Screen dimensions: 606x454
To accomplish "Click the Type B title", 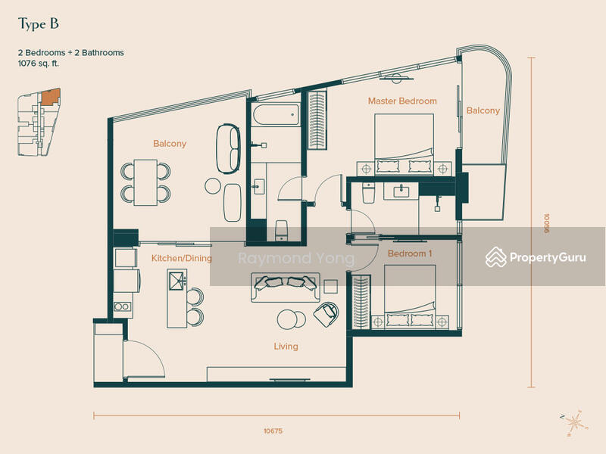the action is pyautogui.click(x=39, y=24).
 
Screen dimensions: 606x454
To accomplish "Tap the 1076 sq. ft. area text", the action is pyautogui.click(x=39, y=64).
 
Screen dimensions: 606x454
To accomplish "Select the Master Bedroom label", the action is pyautogui.click(x=402, y=101).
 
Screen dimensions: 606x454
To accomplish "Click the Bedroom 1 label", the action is pyautogui.click(x=410, y=253).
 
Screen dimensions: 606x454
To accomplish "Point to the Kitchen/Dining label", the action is pyautogui.click(x=182, y=258).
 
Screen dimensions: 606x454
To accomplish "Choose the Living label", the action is pyautogui.click(x=286, y=347).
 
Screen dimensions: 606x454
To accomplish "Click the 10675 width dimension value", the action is pyautogui.click(x=273, y=431).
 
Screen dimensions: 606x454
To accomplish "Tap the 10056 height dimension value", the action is pyautogui.click(x=546, y=223).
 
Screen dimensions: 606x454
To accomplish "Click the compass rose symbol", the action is pyautogui.click(x=575, y=423).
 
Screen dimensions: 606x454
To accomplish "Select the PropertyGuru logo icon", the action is pyautogui.click(x=496, y=257).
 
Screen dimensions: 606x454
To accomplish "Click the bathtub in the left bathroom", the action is pyautogui.click(x=276, y=114).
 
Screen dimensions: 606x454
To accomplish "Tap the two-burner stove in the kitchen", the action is pyautogui.click(x=122, y=306).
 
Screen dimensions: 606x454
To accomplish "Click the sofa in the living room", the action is pyautogui.click(x=286, y=288).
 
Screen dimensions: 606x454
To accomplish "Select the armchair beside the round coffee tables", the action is pyautogui.click(x=326, y=314).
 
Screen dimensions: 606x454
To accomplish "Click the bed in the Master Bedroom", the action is pyautogui.click(x=405, y=145).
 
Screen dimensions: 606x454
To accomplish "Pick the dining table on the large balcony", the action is pyautogui.click(x=145, y=182).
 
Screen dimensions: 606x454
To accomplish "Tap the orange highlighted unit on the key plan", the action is pyautogui.click(x=51, y=97).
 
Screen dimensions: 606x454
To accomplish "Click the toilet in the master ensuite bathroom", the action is pyautogui.click(x=368, y=193).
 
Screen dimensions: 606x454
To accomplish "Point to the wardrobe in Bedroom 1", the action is pyautogui.click(x=361, y=302).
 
